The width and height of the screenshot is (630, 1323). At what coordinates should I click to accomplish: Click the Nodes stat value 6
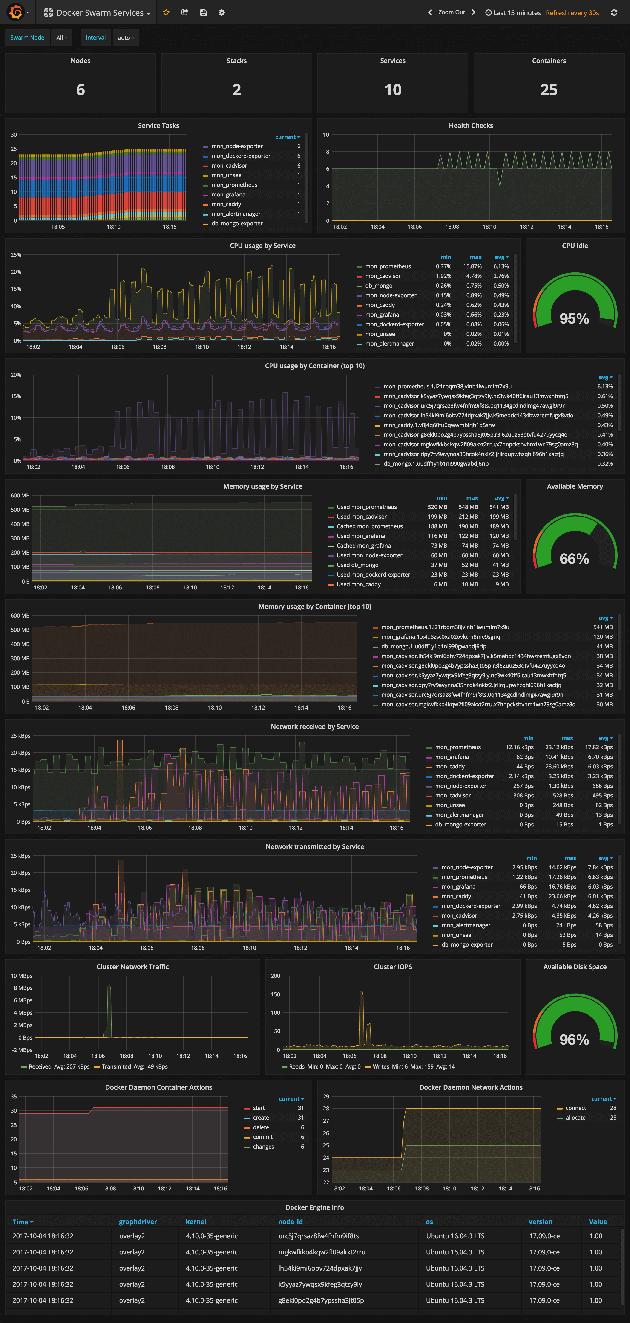(x=81, y=90)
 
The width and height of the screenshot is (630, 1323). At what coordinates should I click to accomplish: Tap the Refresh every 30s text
(x=572, y=13)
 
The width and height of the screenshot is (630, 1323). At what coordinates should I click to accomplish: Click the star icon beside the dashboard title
(x=166, y=13)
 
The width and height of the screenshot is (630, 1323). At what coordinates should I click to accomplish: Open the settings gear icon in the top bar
(x=222, y=13)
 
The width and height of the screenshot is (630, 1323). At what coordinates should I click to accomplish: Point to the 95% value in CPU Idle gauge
(x=574, y=318)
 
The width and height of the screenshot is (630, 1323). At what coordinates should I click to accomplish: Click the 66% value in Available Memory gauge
(x=574, y=559)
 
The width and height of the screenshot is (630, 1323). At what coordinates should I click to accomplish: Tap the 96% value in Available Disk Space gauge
(x=574, y=1040)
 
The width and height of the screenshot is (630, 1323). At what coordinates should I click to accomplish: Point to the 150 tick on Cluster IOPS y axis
(x=276, y=994)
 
